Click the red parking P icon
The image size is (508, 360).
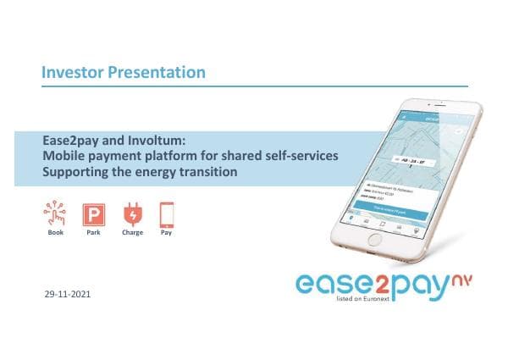tap(93, 213)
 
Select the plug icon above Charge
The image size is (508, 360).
tap(132, 213)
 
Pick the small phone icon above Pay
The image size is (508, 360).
tap(167, 213)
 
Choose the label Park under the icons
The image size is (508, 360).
tap(93, 232)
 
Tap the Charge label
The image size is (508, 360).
tap(132, 232)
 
